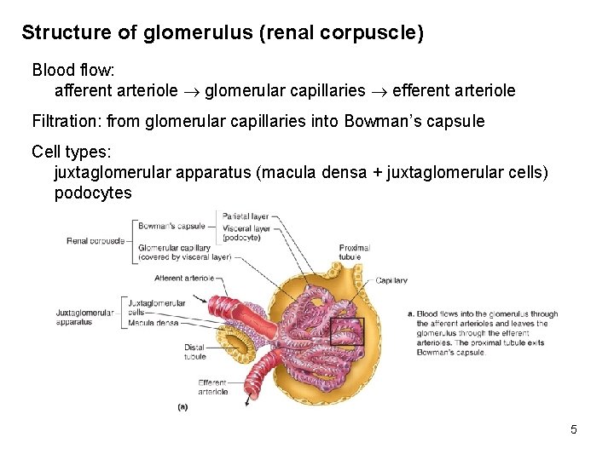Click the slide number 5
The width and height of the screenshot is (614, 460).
coord(574,429)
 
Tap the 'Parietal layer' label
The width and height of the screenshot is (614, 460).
coord(246,216)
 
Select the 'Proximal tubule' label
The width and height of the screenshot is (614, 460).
coord(354,252)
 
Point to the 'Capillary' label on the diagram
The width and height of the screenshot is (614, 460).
coord(391,280)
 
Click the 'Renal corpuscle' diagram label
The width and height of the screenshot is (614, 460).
coord(94,241)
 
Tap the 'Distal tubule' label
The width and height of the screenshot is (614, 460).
coord(194,352)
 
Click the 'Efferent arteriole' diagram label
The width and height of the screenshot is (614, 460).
coord(212,387)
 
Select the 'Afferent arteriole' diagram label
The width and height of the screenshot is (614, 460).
coord(184,278)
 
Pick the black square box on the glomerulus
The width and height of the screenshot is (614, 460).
coord(346,331)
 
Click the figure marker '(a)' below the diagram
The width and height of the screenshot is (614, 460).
coord(182,407)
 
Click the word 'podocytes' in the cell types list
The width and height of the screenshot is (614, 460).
coord(93,193)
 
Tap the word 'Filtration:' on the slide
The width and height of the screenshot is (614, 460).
coord(67,122)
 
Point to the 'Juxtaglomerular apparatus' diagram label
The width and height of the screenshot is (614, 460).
coord(84,317)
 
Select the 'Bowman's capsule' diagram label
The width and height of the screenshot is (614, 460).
coord(171,227)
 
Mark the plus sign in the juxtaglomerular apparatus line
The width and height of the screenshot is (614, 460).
coord(376,173)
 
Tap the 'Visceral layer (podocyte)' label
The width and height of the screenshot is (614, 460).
coord(246,233)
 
